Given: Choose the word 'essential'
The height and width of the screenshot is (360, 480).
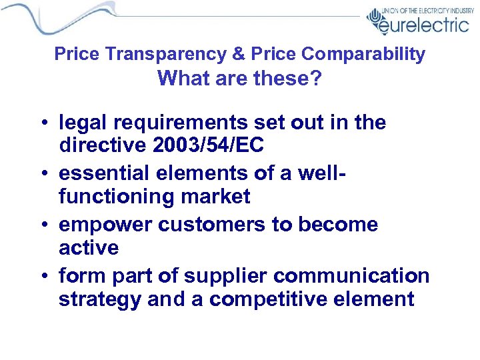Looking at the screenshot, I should (x=104, y=173).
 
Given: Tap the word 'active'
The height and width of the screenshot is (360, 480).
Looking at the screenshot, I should (x=89, y=248).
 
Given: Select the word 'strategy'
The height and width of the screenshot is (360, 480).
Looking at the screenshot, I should (x=100, y=299).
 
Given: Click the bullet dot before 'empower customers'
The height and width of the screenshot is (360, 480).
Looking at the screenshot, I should (x=44, y=225).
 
